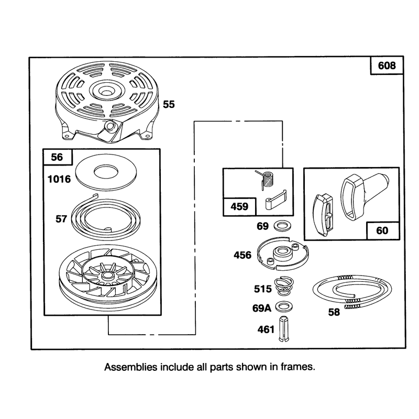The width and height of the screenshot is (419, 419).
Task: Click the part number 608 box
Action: [x=387, y=65]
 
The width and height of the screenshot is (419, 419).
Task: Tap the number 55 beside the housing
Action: [x=169, y=104]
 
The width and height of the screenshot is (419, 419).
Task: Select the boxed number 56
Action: [x=57, y=157]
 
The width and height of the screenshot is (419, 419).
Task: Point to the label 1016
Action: [x=59, y=179]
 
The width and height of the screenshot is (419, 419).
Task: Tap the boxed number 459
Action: [x=239, y=206]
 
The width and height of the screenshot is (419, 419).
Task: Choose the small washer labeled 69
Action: [x=282, y=226]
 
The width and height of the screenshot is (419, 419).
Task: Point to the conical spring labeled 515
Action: [x=284, y=286]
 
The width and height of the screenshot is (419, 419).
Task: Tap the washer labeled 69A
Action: [x=283, y=307]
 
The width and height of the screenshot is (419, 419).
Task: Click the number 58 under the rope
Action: [x=334, y=312]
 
